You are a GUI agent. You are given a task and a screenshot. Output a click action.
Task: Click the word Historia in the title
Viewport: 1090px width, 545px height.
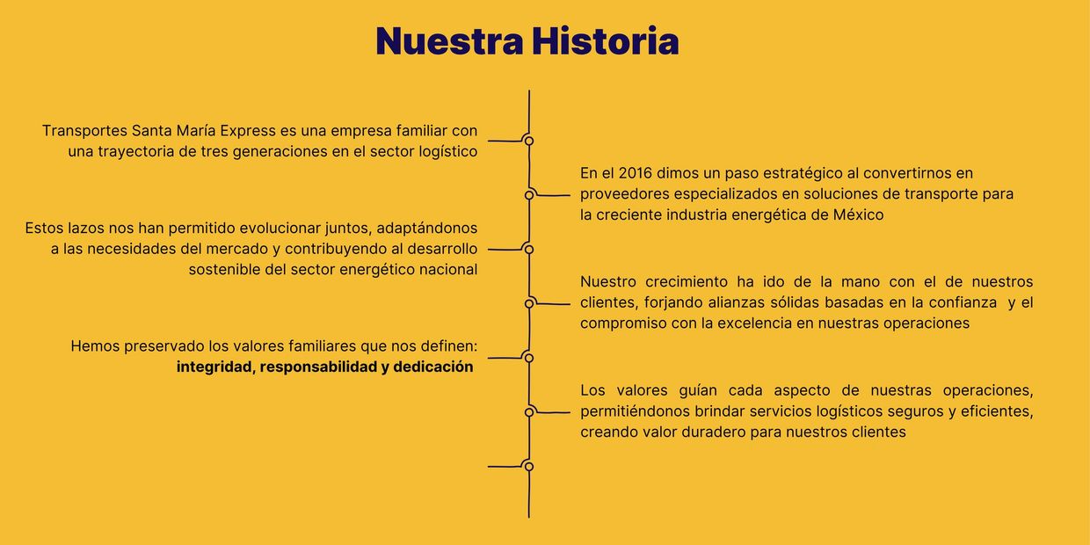[x=605, y=41]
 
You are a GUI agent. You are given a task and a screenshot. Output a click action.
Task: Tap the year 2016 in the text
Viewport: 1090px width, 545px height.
[x=635, y=173]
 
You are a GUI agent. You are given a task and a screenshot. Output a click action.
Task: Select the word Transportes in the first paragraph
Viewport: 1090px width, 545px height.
[x=84, y=131]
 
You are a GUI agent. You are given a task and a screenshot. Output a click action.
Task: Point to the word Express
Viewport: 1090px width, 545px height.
[x=248, y=131]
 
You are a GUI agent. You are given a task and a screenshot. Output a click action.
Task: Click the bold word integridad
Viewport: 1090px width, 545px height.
[x=213, y=367]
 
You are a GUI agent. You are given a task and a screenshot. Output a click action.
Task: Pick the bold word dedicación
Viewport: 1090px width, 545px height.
[x=433, y=367]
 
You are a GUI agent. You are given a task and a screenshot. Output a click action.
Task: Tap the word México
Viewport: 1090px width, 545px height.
[x=858, y=214]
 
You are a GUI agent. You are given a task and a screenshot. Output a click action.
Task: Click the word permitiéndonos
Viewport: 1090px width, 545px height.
[x=635, y=411]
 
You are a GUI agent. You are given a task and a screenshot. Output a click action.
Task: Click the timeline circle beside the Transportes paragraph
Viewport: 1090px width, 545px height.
[x=529, y=142]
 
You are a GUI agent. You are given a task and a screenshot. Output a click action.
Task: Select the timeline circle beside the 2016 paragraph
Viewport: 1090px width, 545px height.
[x=529, y=196]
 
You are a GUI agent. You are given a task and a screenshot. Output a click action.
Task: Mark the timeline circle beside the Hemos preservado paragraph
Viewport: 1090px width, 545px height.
[x=529, y=358]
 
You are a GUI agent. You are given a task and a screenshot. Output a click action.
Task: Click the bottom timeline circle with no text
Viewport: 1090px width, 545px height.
[x=529, y=467]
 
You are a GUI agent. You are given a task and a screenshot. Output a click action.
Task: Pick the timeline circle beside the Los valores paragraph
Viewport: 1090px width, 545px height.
[x=529, y=412]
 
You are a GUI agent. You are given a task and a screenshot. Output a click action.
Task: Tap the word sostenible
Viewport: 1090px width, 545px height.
[x=225, y=270]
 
